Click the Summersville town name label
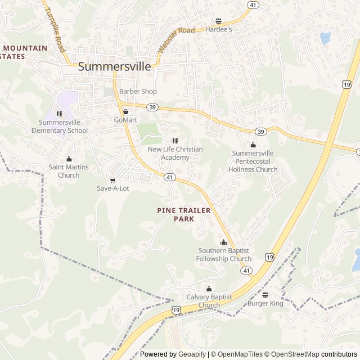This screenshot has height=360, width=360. (114, 66)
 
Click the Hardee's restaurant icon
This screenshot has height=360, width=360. (219, 21)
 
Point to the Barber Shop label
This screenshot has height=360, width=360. (138, 91)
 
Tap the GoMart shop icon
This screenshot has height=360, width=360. (126, 111)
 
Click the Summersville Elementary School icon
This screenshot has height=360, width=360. (59, 114)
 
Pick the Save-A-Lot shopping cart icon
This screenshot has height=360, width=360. (112, 180)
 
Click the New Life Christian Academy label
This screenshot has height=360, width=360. (175, 153)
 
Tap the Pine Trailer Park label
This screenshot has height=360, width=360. (184, 214)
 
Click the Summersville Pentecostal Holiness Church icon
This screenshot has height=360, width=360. (253, 145)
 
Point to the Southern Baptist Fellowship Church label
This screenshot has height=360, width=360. (223, 254)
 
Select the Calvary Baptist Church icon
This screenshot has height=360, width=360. (209, 289)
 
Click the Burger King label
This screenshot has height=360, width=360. (265, 304)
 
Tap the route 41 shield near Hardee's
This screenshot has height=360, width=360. (254, 5)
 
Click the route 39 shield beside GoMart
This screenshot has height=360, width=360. (152, 107)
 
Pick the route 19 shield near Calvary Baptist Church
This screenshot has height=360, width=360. (177, 310)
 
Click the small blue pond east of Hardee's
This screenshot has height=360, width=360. (325, 38)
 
